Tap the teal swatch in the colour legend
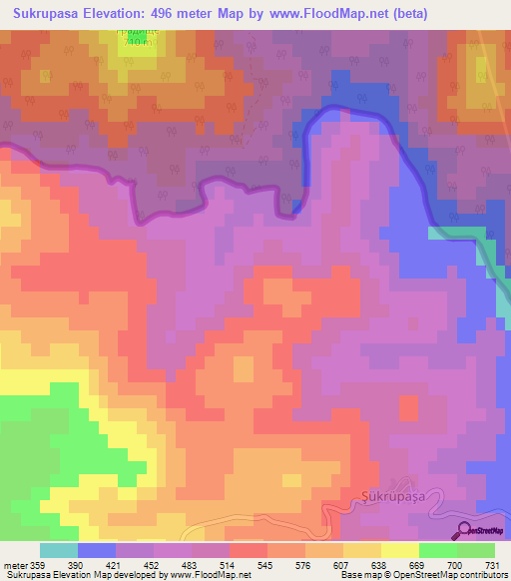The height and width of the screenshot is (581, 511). [x=58, y=550]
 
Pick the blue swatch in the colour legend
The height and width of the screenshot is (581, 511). [x=96, y=550]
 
